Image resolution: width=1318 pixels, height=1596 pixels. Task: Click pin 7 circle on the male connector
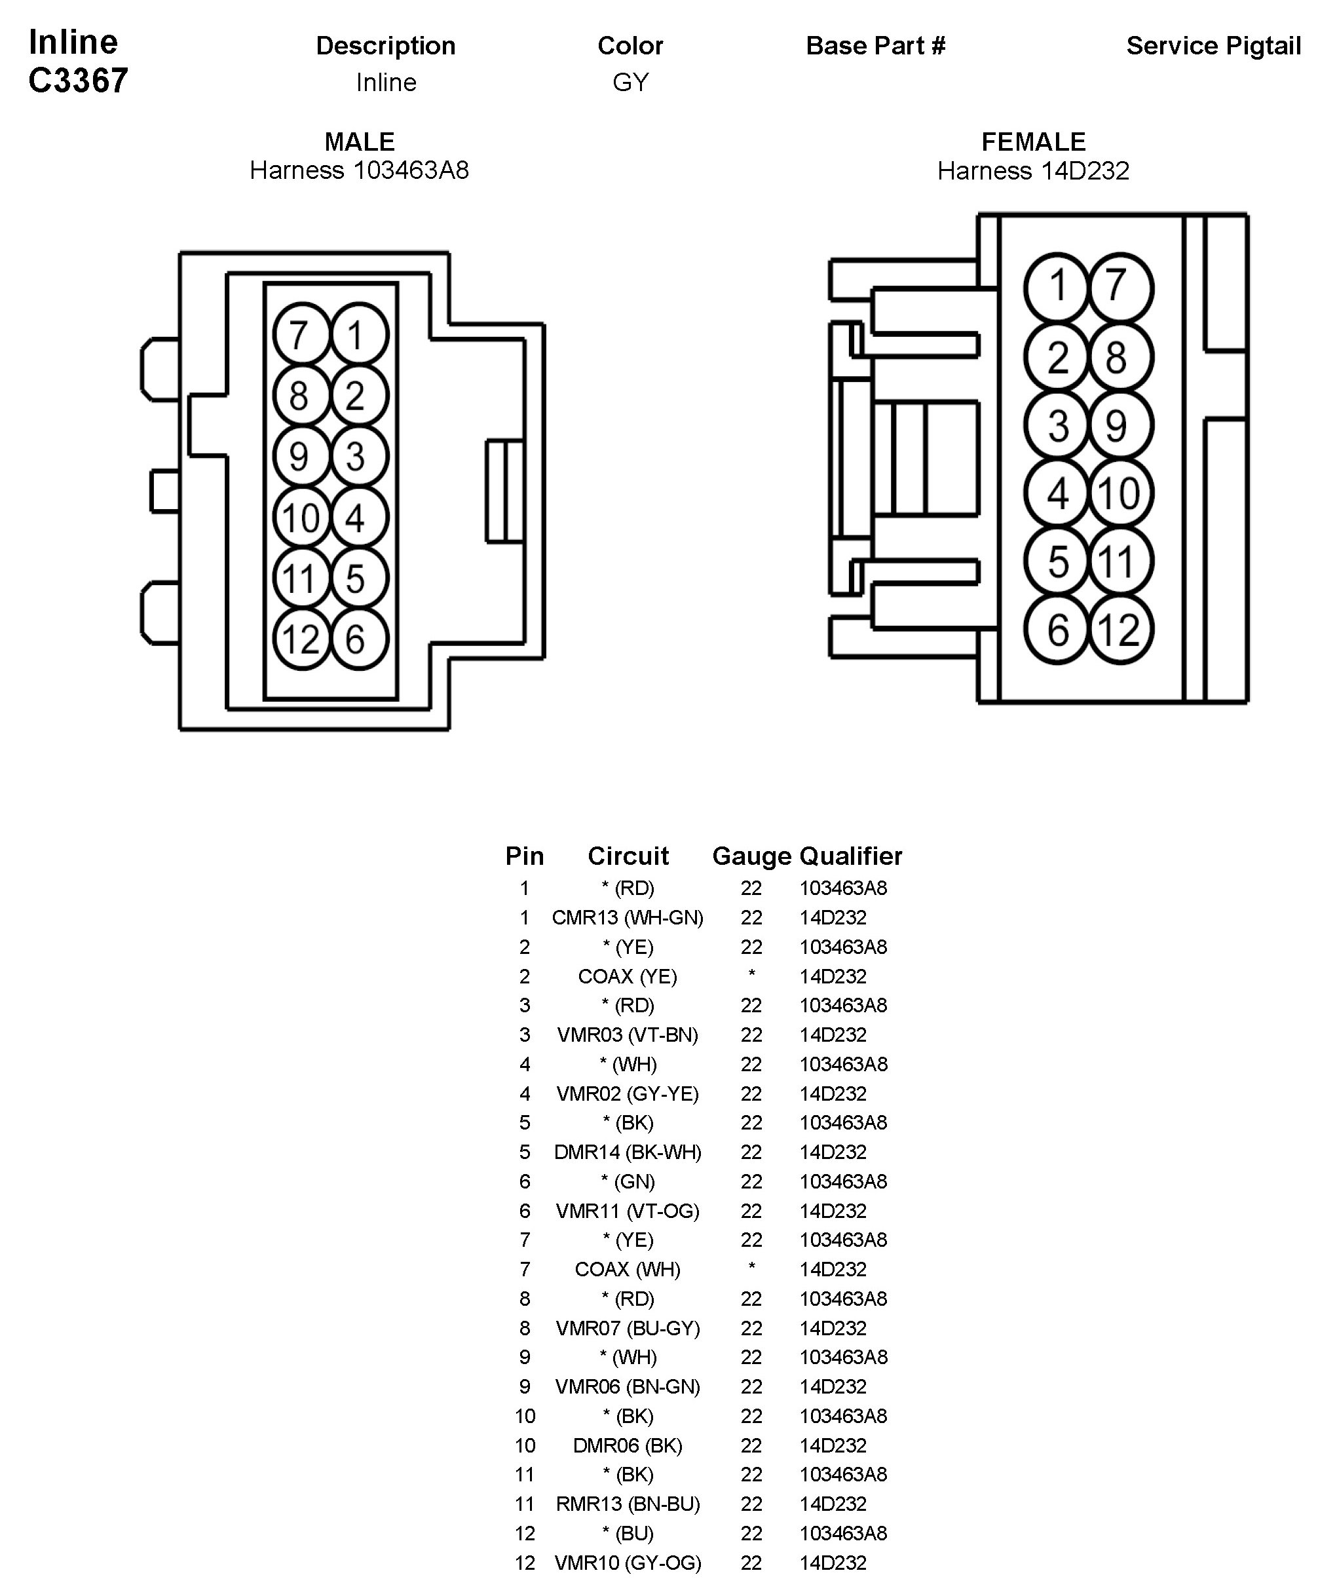(x=300, y=335)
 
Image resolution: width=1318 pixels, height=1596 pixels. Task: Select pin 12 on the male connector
(x=301, y=639)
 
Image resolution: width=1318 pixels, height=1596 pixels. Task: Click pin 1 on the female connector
(x=1057, y=287)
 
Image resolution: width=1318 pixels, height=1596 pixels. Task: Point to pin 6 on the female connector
(x=1057, y=630)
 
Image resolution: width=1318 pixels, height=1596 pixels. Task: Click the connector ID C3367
(x=78, y=81)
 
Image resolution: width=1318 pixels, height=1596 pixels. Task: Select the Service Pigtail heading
(x=1213, y=47)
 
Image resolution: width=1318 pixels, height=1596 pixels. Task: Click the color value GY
(x=630, y=82)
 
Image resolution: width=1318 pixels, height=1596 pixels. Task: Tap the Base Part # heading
(x=875, y=47)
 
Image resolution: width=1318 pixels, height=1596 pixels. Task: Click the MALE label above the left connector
(x=359, y=142)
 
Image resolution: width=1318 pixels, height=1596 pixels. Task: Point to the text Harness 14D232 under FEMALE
(x=1032, y=171)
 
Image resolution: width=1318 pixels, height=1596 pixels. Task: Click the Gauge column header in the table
(x=751, y=856)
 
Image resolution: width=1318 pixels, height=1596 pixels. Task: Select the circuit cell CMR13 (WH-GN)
(x=627, y=917)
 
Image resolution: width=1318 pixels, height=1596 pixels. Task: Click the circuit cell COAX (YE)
(x=627, y=976)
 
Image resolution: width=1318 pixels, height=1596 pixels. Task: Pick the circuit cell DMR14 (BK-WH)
(x=627, y=1152)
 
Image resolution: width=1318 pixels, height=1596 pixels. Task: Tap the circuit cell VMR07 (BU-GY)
(x=627, y=1328)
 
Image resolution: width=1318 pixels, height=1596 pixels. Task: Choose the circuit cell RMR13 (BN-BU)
(x=627, y=1504)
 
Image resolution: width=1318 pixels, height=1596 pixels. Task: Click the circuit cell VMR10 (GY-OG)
(x=627, y=1563)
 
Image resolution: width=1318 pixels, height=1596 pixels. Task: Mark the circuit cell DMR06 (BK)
(x=627, y=1445)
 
